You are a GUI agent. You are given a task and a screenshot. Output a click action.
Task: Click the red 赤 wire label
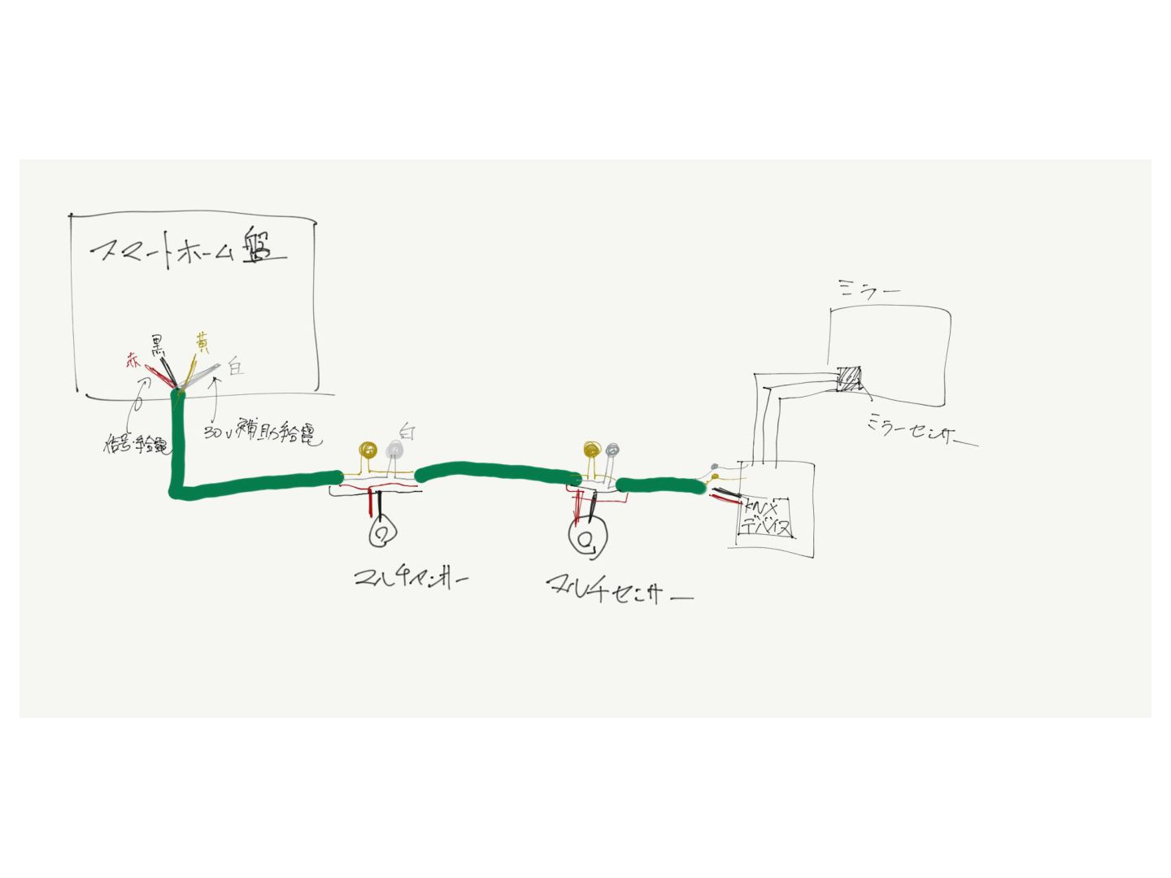(133, 363)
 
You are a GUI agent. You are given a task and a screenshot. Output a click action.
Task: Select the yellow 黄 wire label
(200, 342)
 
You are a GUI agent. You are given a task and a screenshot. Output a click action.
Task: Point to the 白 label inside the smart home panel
(235, 367)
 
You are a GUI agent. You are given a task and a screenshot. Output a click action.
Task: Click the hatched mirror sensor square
(849, 379)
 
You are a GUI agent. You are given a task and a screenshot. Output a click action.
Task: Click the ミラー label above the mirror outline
(868, 289)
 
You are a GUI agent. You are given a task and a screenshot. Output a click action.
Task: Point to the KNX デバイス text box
(765, 517)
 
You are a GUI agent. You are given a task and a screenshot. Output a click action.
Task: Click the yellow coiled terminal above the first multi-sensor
(369, 450)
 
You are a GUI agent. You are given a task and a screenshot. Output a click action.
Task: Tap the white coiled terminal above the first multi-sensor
(394, 450)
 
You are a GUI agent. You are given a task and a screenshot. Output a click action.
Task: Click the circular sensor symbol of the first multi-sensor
(381, 533)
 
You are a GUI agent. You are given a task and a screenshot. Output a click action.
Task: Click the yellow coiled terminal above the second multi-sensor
(591, 449)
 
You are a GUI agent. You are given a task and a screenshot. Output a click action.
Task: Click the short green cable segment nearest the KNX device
(660, 486)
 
